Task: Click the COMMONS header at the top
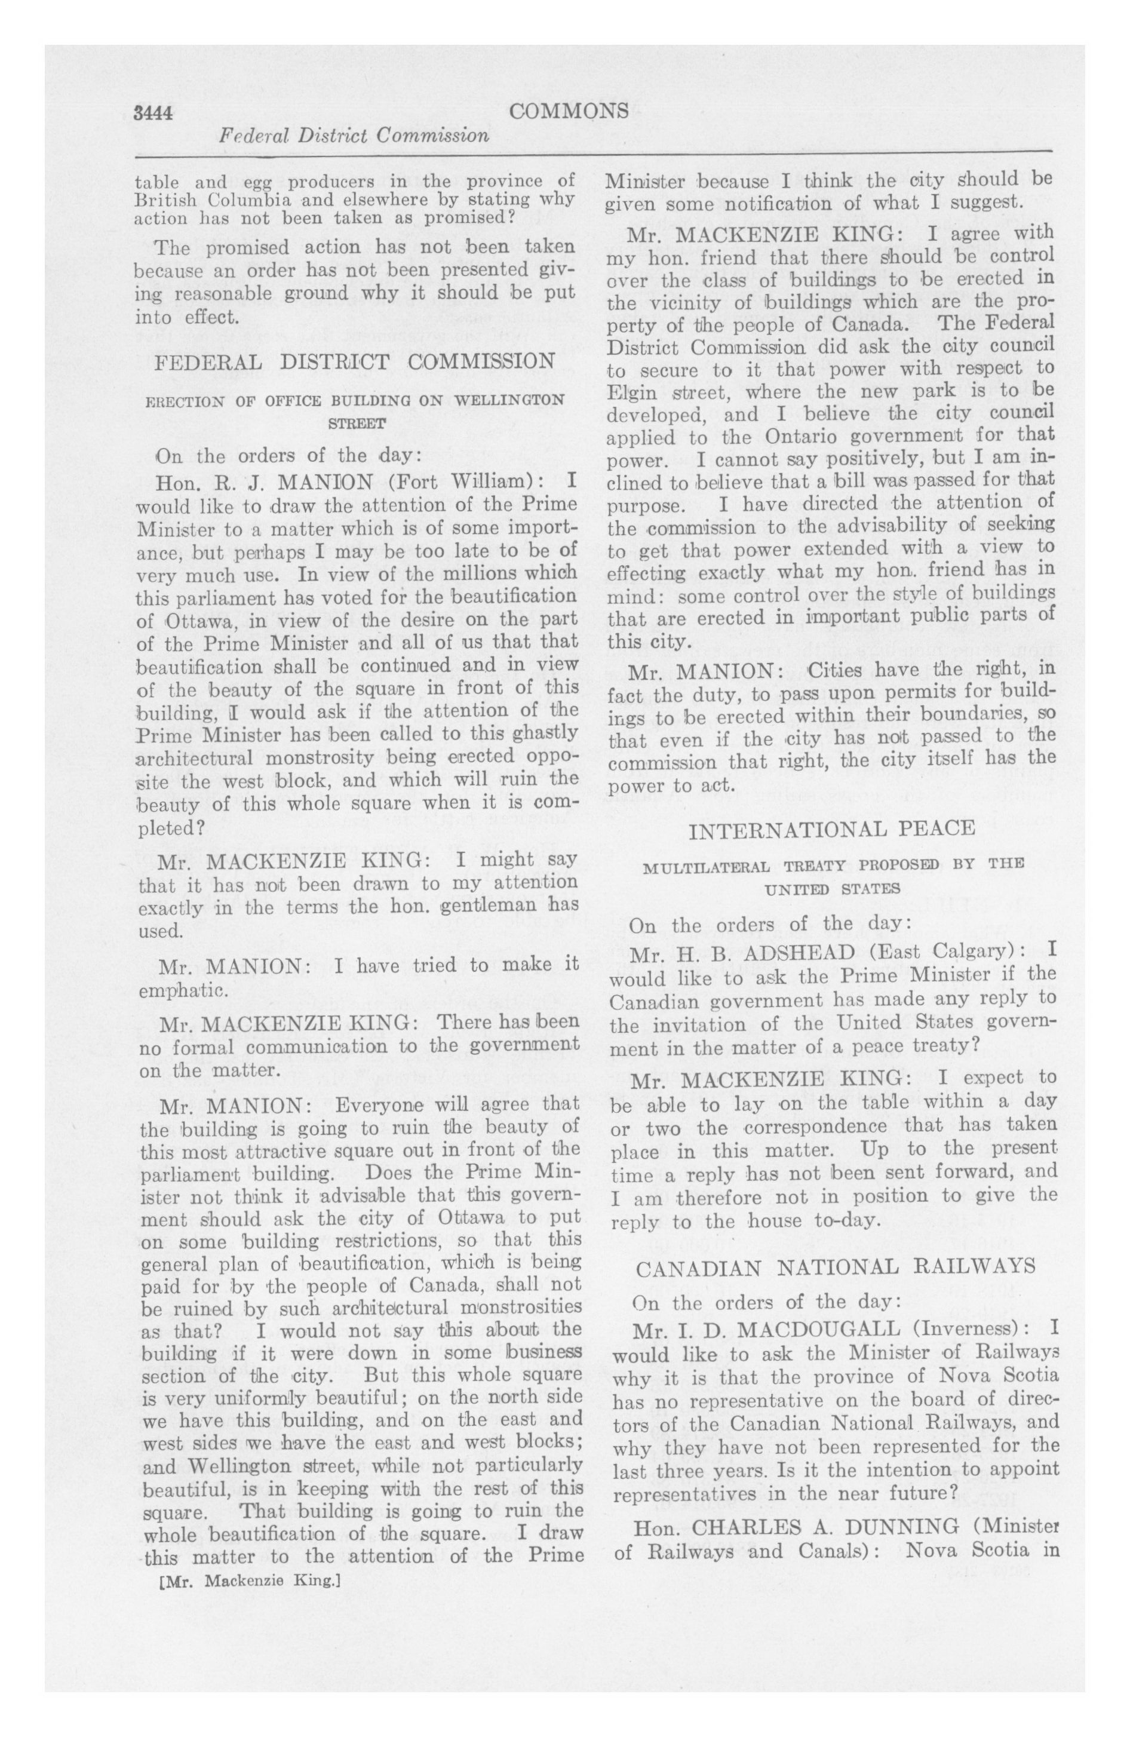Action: coord(569,111)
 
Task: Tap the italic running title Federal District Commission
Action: coord(354,136)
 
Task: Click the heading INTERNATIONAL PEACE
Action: coord(831,829)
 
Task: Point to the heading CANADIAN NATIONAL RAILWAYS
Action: coord(835,1266)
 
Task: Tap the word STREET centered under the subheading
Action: coord(355,423)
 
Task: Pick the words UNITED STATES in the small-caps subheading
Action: coord(831,889)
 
